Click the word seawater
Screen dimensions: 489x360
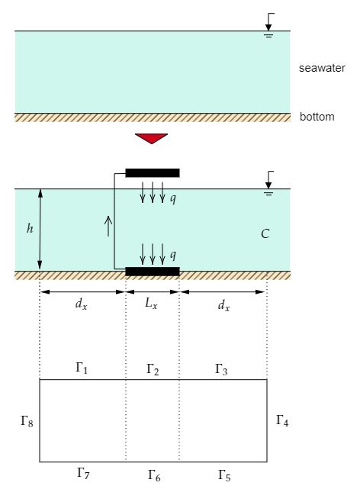pyautogui.click(x=322, y=69)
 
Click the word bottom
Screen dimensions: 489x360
pyautogui.click(x=317, y=117)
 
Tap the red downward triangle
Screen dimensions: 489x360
pyautogui.click(x=151, y=138)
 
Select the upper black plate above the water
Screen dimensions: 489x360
pyautogui.click(x=153, y=172)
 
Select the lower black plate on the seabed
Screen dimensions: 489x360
pyautogui.click(x=153, y=271)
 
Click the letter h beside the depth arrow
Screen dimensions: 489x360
pyautogui.click(x=29, y=227)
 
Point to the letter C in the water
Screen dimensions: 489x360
pyautogui.click(x=265, y=233)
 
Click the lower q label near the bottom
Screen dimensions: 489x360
pyautogui.click(x=174, y=254)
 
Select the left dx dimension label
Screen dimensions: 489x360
pyautogui.click(x=82, y=305)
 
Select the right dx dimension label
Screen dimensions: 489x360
pyautogui.click(x=223, y=305)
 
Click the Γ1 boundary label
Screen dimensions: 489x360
pyautogui.click(x=82, y=368)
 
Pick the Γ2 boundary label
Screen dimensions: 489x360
pyautogui.click(x=153, y=369)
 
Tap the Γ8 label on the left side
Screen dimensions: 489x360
pyautogui.click(x=27, y=420)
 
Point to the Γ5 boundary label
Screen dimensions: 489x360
pyautogui.click(x=223, y=475)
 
